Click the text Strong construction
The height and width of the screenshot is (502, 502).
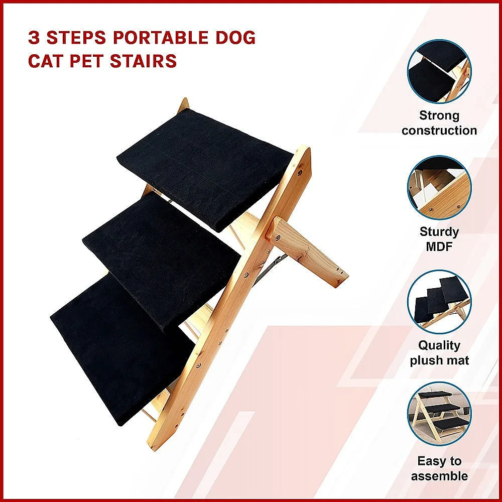pos(439,123)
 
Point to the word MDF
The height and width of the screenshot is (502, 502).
pos(439,246)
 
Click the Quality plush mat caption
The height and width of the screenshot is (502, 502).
pos(439,353)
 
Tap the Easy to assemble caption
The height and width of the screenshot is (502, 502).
pos(439,468)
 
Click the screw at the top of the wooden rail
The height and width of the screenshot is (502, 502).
pos(300,172)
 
